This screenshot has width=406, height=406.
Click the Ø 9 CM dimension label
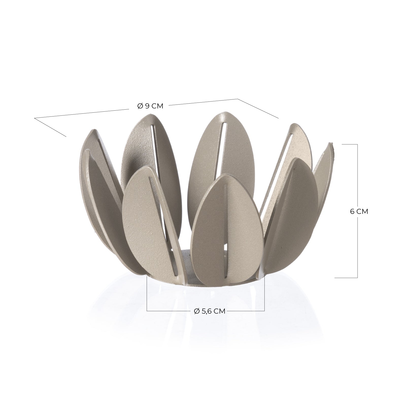[x=150, y=106]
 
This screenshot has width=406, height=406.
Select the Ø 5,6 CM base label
[x=210, y=311]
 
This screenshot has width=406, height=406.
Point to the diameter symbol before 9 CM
[x=140, y=106]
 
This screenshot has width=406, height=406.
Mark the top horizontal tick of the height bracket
[x=350, y=144]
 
